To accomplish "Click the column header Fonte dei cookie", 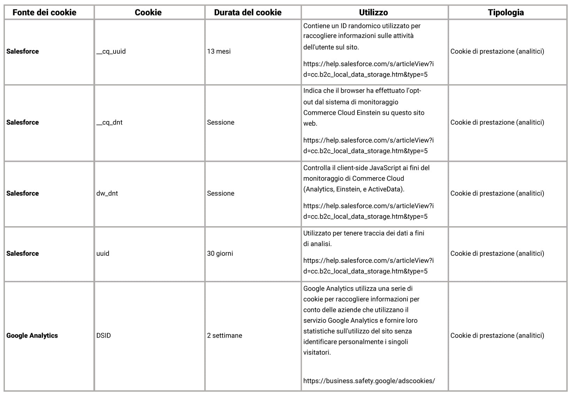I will pos(44,13).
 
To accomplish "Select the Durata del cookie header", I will pos(248,13).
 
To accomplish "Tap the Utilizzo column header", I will pos(373,13).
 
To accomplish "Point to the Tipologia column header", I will pos(506,13).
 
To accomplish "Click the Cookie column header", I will pos(148,13).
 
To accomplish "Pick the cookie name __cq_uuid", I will pos(111,52).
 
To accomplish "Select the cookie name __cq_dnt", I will pos(109,123).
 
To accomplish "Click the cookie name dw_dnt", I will pos(107,193).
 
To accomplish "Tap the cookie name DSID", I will pos(103,336).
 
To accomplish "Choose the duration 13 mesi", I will pos(219,52).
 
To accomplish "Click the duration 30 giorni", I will pos(220,254).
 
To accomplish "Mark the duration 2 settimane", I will pos(224,336).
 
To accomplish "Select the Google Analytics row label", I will pos(32,336).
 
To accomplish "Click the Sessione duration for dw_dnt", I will pos(220,193).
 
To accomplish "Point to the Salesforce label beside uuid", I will pos(22,254).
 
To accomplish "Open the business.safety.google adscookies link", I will pos(369,381).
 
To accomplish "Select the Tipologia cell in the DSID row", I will pos(497,336).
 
